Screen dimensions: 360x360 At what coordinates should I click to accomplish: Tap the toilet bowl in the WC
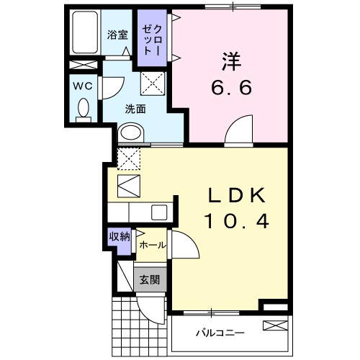pyautogui.click(x=83, y=109)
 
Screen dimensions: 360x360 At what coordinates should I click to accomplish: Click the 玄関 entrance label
pyautogui.click(x=150, y=280)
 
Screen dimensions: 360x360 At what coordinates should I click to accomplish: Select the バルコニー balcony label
pyautogui.click(x=220, y=333)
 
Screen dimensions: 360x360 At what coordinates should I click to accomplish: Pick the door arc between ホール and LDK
pyautogui.click(x=183, y=248)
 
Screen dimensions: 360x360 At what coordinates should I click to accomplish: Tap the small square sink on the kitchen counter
pyautogui.click(x=159, y=212)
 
